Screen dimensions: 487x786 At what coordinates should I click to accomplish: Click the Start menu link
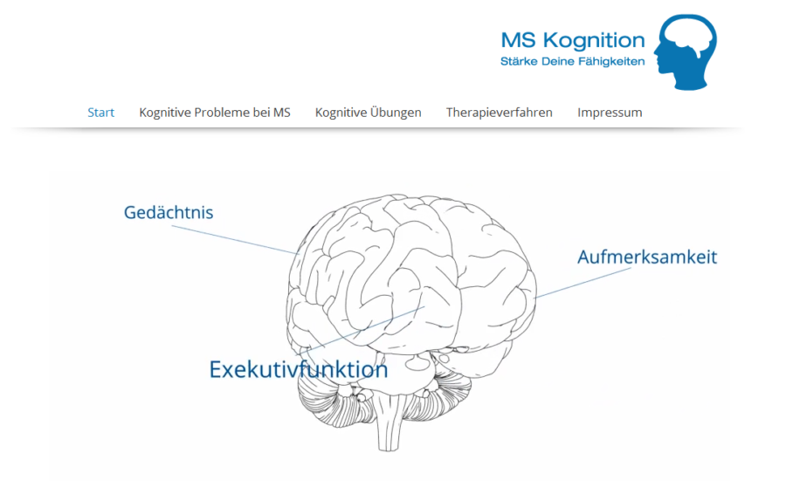(x=100, y=113)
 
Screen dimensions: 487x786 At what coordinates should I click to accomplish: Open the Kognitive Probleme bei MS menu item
(x=214, y=113)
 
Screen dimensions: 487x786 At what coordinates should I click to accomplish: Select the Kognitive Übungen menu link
(x=368, y=113)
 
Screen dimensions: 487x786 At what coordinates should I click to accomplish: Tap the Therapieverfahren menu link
(x=499, y=113)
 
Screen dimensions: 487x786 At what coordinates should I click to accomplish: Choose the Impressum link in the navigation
(x=609, y=113)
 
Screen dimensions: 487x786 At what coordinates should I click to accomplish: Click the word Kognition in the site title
(x=593, y=40)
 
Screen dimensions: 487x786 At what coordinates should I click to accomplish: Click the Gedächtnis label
(x=169, y=212)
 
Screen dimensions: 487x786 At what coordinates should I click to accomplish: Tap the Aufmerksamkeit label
(x=647, y=257)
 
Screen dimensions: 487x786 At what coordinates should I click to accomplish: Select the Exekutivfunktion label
(x=298, y=369)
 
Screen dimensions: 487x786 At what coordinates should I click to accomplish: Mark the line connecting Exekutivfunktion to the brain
(x=376, y=329)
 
